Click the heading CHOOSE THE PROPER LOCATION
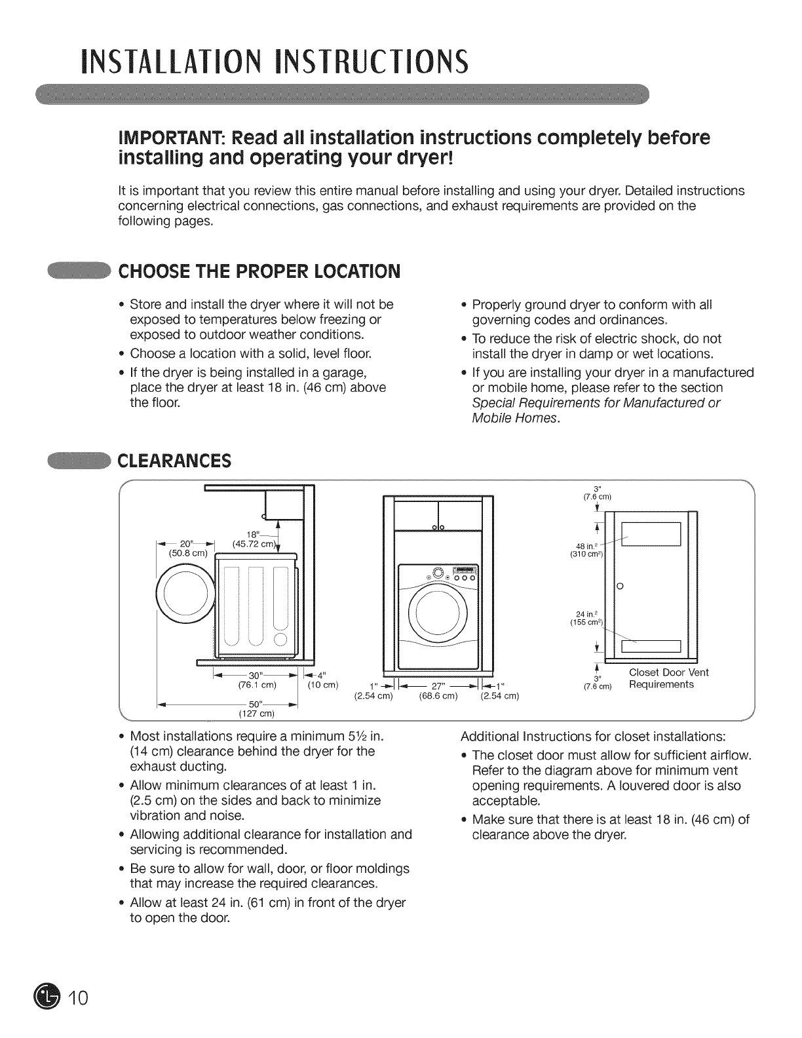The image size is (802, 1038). pyautogui.click(x=258, y=271)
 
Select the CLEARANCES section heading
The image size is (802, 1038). pyautogui.click(x=174, y=461)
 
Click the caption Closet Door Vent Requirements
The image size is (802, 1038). pyautogui.click(x=668, y=678)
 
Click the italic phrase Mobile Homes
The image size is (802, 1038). pyautogui.click(x=516, y=418)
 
